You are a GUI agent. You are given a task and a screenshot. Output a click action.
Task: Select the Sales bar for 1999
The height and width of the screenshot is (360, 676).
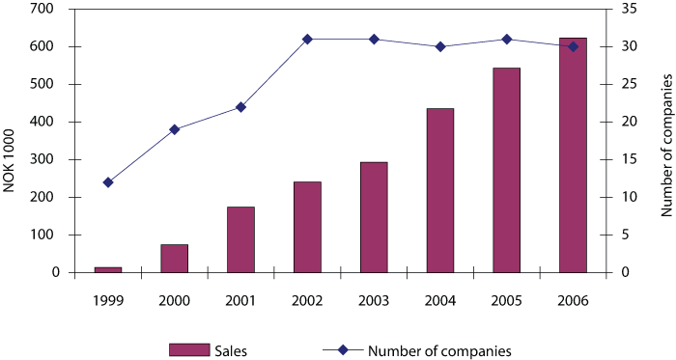tap(108, 269)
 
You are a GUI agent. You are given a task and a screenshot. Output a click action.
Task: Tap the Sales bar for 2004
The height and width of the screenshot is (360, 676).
tap(439, 190)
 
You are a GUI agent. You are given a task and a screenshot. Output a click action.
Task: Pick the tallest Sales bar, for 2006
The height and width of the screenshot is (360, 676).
tap(573, 154)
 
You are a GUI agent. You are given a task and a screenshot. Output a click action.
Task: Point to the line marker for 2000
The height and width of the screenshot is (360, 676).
tap(175, 129)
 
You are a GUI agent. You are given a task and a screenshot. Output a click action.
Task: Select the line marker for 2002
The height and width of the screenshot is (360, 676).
tap(307, 39)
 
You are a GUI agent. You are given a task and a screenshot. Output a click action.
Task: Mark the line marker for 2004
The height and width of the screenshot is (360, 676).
tap(439, 46)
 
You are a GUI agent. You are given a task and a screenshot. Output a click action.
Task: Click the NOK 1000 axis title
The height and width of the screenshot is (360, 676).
tap(10, 159)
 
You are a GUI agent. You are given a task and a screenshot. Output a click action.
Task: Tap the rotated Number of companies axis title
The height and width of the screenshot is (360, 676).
tap(665, 159)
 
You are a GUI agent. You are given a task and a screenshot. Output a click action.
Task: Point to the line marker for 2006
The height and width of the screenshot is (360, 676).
tap(573, 46)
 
